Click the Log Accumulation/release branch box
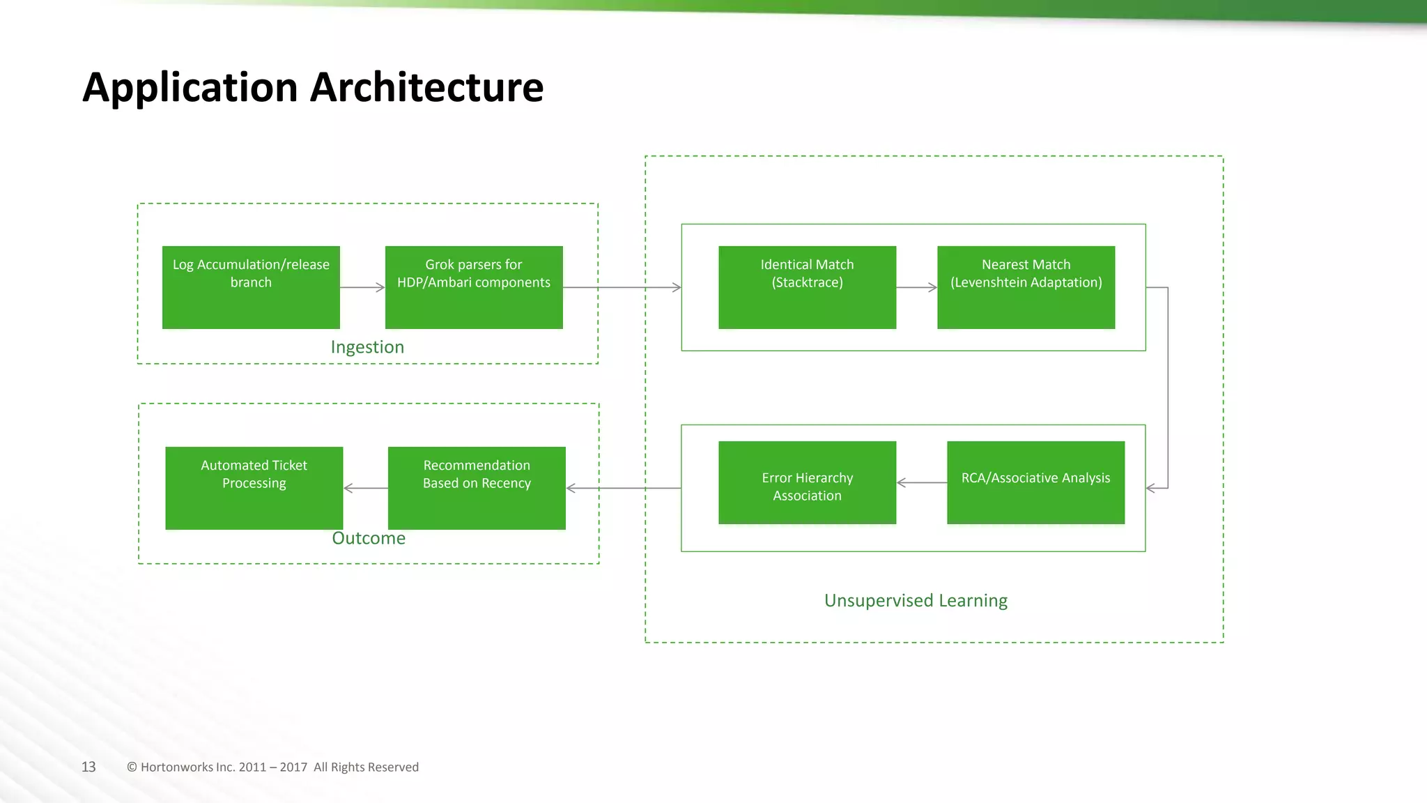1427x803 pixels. [x=251, y=287]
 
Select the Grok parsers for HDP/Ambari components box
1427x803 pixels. [x=474, y=287]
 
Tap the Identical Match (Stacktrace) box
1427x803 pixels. [x=807, y=287]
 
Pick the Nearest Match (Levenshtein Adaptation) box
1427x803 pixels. [x=1026, y=287]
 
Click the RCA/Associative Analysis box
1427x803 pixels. [x=1035, y=482]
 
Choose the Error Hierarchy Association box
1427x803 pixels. [x=807, y=482]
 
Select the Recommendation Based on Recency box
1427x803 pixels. [x=477, y=488]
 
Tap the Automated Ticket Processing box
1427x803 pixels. [x=254, y=488]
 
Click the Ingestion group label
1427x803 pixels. [x=367, y=347]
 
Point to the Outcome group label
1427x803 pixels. [x=369, y=538]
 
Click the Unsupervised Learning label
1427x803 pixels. [x=916, y=601]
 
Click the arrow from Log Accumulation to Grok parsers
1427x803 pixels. [x=362, y=287]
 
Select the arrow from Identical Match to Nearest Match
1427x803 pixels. [x=916, y=287]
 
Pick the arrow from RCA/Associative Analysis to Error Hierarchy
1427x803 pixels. [x=921, y=482]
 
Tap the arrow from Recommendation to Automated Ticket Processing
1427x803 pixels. [x=365, y=488]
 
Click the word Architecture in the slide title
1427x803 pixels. [x=426, y=88]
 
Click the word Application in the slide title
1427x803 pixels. [x=190, y=89]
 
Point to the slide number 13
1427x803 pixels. [x=88, y=767]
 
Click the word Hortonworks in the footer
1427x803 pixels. [x=176, y=767]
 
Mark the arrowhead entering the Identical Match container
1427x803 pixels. [x=676, y=287]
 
